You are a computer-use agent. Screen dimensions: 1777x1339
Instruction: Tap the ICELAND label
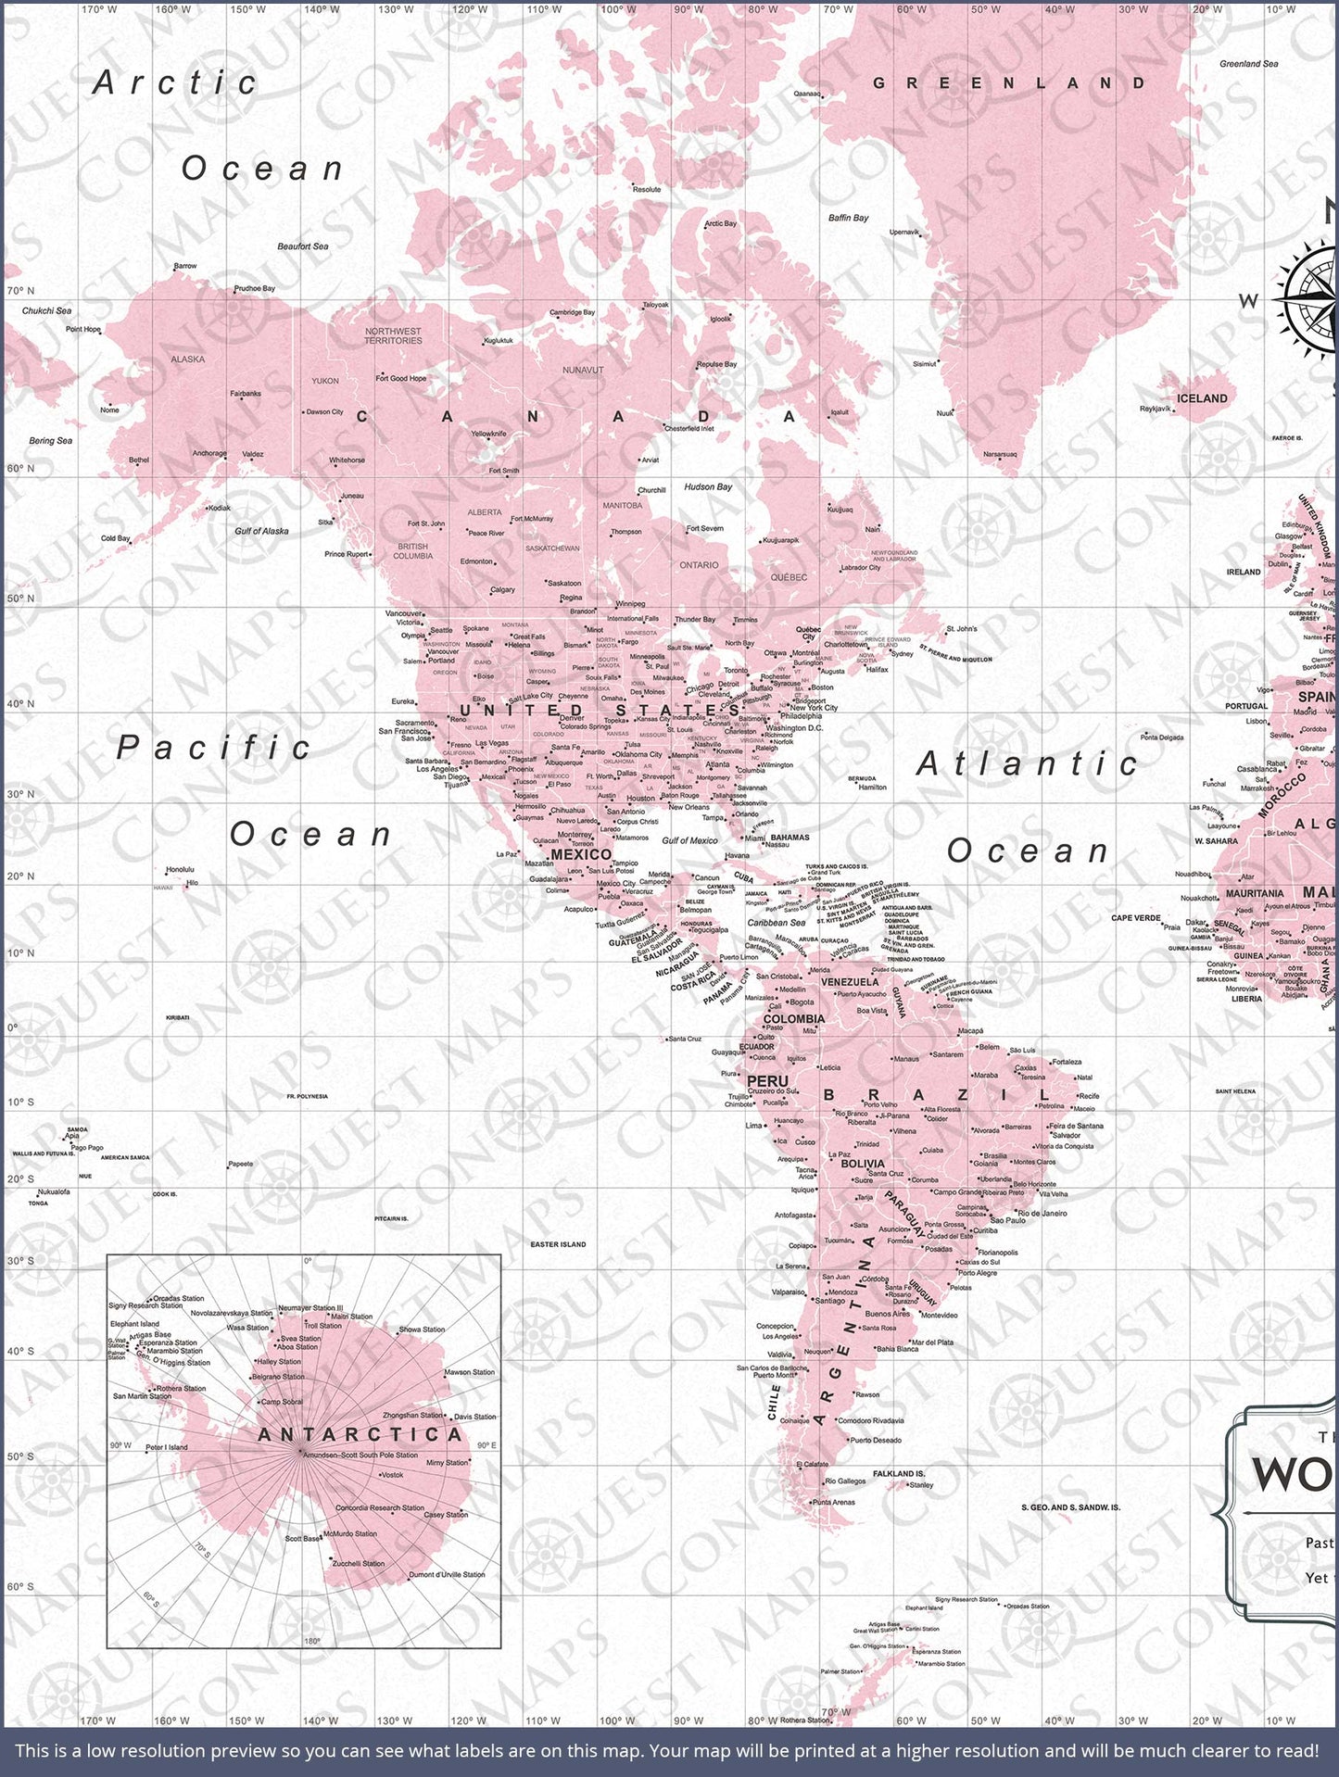(x=1202, y=398)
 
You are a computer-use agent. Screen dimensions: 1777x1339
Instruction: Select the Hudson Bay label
(x=708, y=486)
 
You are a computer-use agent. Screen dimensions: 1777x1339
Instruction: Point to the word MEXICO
(x=581, y=854)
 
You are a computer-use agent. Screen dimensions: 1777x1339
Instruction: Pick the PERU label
(x=767, y=1081)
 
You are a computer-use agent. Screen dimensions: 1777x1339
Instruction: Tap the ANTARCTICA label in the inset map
(x=360, y=1435)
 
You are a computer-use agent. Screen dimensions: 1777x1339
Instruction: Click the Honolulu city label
(x=180, y=870)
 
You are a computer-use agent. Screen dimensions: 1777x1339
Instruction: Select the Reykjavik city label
(x=1156, y=409)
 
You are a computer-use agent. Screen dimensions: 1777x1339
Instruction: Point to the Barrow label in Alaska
(x=185, y=266)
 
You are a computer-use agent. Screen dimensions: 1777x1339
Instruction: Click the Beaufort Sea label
(x=303, y=246)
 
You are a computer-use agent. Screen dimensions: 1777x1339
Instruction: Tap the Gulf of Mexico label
(x=689, y=840)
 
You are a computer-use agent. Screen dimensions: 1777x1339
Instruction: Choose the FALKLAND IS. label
(x=899, y=1473)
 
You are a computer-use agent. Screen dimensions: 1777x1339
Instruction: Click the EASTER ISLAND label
(x=558, y=1244)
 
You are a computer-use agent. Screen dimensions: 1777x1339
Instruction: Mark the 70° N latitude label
(x=20, y=291)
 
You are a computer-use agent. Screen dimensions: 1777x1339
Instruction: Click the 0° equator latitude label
(x=13, y=1027)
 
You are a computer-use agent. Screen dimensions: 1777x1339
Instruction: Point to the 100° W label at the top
(x=611, y=9)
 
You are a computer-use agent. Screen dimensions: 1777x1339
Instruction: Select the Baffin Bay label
(x=848, y=218)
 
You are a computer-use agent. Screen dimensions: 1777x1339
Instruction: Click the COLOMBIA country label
(x=793, y=1019)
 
